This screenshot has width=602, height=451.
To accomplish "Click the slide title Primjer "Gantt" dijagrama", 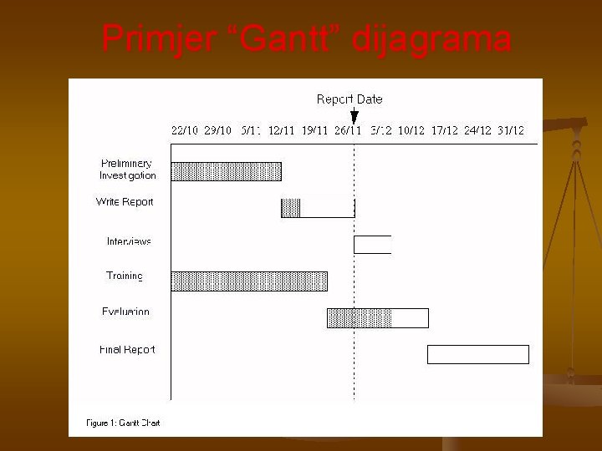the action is click(306, 38).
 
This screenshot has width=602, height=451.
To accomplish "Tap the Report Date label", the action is click(349, 99).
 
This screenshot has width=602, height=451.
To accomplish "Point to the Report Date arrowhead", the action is click(355, 118).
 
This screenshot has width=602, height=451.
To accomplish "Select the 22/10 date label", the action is click(185, 131).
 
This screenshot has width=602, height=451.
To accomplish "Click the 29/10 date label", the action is click(218, 131).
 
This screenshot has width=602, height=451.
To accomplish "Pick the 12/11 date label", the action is click(281, 131).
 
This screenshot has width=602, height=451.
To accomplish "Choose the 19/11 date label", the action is click(314, 131).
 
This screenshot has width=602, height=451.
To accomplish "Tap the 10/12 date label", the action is click(411, 131).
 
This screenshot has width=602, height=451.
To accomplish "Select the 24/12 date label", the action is click(477, 131).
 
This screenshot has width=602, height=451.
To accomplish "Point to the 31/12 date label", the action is click(510, 131).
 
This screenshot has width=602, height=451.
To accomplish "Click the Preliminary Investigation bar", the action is click(226, 171).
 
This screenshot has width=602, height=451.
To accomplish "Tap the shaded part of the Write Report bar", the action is click(290, 208).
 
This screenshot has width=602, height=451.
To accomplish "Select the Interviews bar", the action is click(372, 245).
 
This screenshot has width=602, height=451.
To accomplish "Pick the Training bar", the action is click(249, 281).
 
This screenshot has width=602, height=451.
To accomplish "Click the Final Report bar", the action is click(477, 354).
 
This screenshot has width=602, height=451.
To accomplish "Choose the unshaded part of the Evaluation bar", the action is click(410, 318).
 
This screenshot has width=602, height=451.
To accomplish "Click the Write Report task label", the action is click(125, 202).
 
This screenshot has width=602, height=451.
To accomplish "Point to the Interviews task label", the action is click(129, 241).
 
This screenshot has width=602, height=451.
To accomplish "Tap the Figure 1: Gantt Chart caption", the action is click(123, 423).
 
